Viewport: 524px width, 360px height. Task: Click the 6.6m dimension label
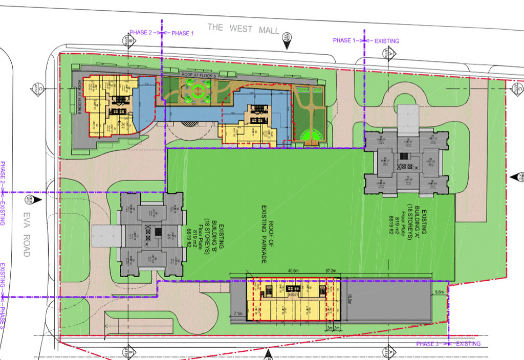pos(439,292)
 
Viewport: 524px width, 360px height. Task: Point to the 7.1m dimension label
pos(237,313)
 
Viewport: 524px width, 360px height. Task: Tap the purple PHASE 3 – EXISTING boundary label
pos(449,344)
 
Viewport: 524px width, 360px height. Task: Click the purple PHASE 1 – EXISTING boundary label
pos(365,40)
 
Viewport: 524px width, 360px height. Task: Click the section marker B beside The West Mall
pos(130,40)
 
